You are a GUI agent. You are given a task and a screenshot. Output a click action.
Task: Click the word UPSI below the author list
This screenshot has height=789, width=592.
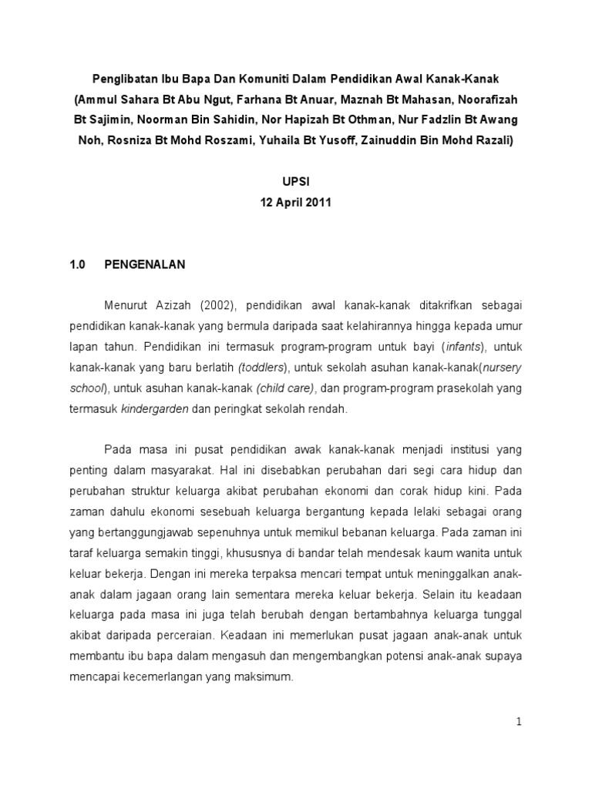click(x=296, y=181)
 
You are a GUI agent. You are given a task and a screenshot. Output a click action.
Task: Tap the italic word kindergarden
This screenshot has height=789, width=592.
click(x=155, y=409)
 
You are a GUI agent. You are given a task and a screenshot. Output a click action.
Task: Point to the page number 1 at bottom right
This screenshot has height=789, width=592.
click(x=520, y=722)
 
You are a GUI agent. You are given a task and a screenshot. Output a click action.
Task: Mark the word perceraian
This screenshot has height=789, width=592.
click(x=183, y=636)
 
